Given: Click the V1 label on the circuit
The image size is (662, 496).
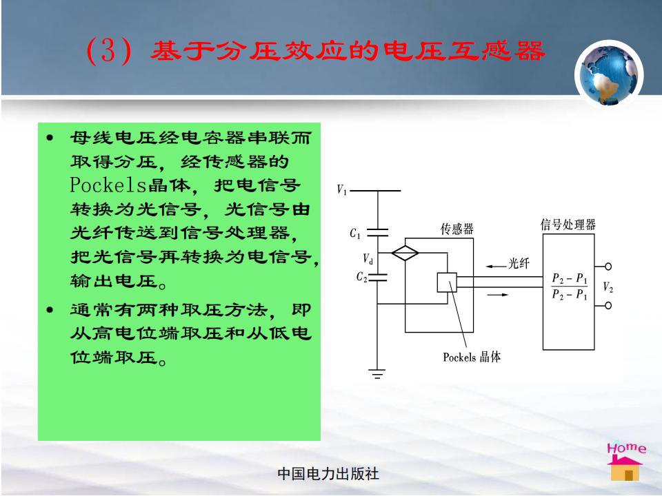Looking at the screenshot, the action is click(x=341, y=190).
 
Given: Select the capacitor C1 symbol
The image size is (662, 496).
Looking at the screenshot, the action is click(x=377, y=232).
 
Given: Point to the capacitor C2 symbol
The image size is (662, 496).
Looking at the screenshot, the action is click(x=377, y=277).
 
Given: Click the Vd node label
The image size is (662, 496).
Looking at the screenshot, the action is click(x=368, y=258).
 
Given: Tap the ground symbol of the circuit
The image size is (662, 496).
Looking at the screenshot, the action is click(x=377, y=374).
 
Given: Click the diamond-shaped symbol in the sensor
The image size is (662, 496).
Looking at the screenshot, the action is click(x=405, y=253).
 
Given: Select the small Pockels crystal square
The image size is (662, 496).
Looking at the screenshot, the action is click(x=447, y=282).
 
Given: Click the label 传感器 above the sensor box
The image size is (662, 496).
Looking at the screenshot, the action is click(x=457, y=229).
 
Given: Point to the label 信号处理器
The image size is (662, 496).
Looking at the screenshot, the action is click(x=568, y=225).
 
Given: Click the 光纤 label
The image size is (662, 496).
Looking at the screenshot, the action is click(x=519, y=263).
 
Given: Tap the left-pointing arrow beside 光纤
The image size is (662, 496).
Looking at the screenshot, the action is click(x=496, y=266).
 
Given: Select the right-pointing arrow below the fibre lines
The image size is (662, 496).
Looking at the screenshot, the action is click(x=498, y=294).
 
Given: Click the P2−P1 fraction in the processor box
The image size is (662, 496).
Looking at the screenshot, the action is click(x=569, y=286).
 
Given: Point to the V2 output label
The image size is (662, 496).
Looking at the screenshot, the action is click(x=608, y=287).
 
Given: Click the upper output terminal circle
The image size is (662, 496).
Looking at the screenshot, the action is click(x=608, y=267).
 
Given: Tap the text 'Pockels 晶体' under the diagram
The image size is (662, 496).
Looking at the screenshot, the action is click(x=472, y=358).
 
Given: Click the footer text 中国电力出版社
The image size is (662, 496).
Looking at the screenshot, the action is click(x=328, y=474).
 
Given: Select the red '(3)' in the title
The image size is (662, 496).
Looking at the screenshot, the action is click(x=108, y=50).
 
